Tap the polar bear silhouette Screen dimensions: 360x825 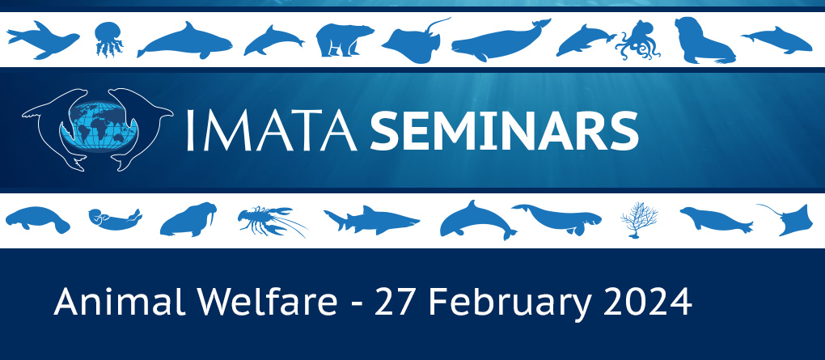344,40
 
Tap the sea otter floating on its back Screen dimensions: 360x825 113,217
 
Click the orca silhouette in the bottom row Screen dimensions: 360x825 478,219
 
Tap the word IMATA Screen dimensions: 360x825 272,129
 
